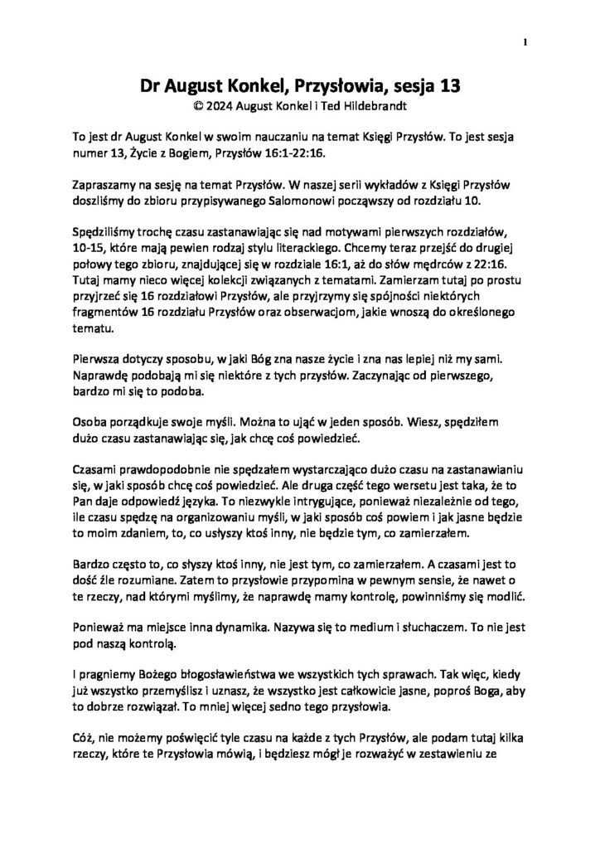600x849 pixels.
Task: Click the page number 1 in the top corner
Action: [525, 41]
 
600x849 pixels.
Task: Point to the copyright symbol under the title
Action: [196, 105]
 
